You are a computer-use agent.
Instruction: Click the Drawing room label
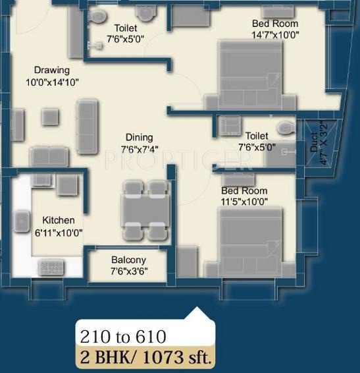pos(52,70)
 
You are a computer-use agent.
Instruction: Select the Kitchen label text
pos(59,220)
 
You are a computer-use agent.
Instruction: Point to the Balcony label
pos(128,260)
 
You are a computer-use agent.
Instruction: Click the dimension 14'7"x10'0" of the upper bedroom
pos(270,36)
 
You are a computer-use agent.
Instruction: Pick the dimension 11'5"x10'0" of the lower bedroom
pos(244,202)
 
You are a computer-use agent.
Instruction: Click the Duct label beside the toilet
pos(314,140)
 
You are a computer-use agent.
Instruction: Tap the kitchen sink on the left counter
pos(21,221)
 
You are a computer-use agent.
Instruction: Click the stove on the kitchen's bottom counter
pos(51,266)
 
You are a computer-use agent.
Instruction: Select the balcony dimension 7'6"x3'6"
pos(128,271)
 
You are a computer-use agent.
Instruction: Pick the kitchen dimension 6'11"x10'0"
pos(59,232)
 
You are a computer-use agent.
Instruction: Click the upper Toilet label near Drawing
pos(126,28)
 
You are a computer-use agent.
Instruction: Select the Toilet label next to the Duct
pos(257,136)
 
